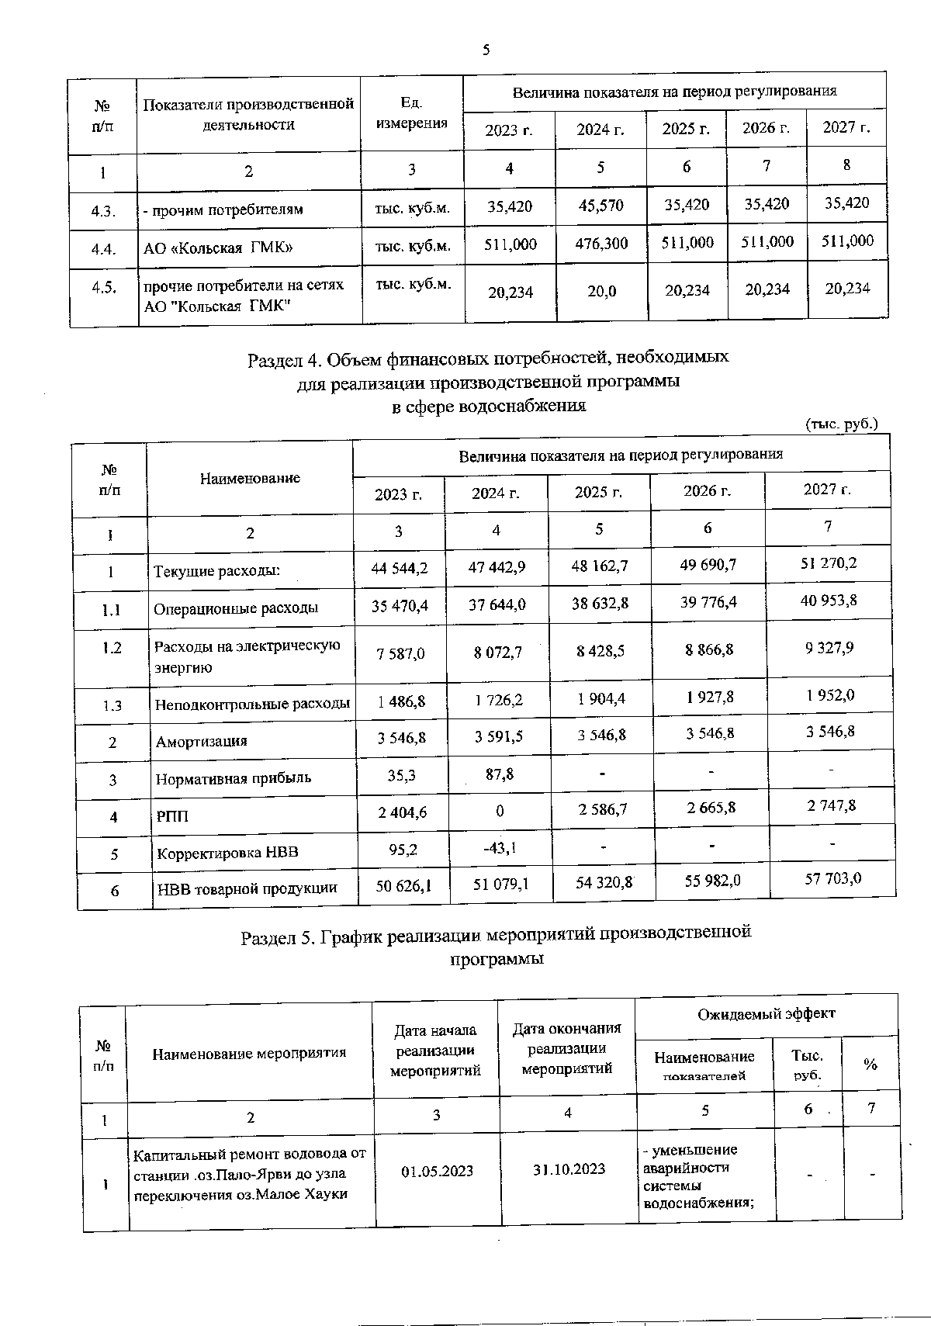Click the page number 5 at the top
coord(486,50)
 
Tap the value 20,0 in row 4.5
coord(601,290)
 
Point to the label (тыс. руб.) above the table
coord(842,424)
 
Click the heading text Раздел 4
coord(283,360)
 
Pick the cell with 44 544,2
coord(400,568)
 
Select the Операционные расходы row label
coord(236,608)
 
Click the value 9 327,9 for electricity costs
coord(829,647)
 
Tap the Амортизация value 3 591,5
coord(498,736)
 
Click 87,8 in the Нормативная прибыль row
coord(497,774)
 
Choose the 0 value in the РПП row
coord(500,812)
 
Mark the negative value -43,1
coord(499,848)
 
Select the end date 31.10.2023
coord(568,1169)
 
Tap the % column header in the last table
coord(870,1065)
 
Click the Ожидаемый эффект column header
coord(766,1014)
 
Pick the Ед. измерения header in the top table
coord(411,113)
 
